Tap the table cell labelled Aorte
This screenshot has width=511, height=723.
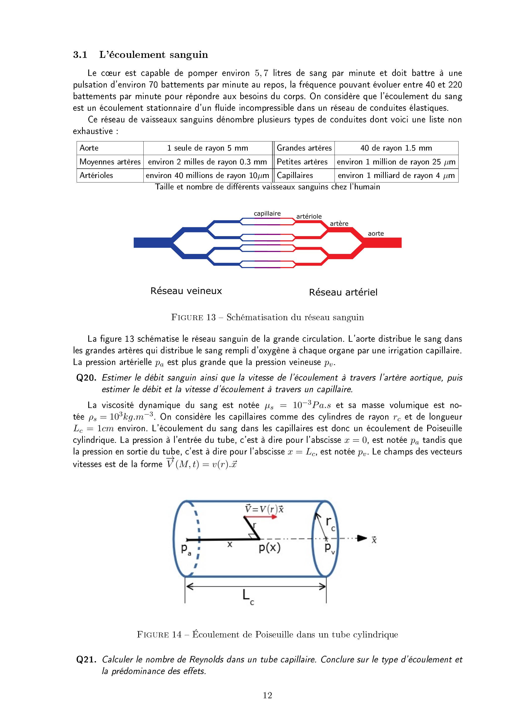coord(89,148)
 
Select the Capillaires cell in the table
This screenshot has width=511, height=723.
coord(295,175)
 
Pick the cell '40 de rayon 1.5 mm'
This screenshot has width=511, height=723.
coord(396,148)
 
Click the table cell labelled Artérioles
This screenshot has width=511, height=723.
coord(96,175)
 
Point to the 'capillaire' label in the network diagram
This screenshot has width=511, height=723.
coord(267,213)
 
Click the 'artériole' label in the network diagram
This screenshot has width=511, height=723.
coord(309,216)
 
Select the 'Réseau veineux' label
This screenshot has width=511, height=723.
coord(186,291)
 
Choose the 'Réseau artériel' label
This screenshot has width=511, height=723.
coord(343,292)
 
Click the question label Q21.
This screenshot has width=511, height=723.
coord(86,659)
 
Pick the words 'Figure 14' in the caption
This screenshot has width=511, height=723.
coord(159,634)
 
